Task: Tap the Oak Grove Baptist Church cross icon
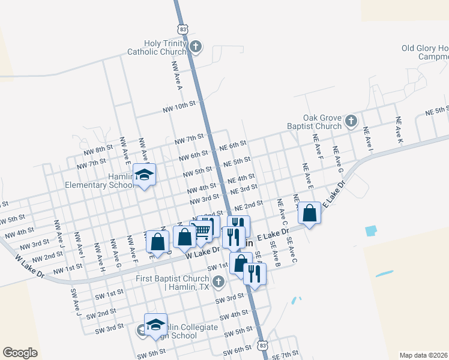point(351,122)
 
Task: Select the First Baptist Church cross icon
point(218,281)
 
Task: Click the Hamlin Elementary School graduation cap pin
point(144,175)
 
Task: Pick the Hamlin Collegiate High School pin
point(155,325)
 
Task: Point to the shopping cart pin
point(202,230)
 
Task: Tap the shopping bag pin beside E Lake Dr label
point(309,213)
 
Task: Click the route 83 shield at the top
point(184,29)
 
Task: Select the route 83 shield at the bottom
point(262,346)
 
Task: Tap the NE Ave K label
point(399,129)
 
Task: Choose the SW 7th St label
point(285,355)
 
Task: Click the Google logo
point(20,352)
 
